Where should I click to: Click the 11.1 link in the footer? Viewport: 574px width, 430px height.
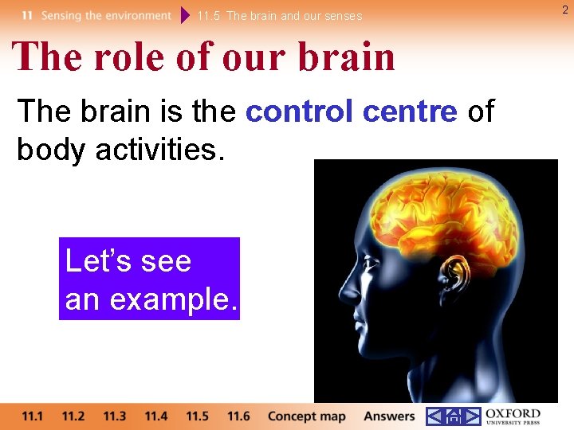[x=33, y=416]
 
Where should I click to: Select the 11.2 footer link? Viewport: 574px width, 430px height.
[x=73, y=416]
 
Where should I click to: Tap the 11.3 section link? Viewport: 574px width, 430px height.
[x=115, y=416]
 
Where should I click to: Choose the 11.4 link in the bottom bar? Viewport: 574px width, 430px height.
[x=156, y=416]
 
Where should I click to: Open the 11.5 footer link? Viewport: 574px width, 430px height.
[x=197, y=416]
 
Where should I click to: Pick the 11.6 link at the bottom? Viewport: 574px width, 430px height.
[x=238, y=416]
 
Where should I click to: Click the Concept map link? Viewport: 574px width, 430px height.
[x=306, y=416]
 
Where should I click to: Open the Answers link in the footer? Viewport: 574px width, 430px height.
[x=389, y=416]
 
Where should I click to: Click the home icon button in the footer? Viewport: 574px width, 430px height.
[x=454, y=416]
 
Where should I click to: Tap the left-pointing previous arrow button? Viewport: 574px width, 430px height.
[x=434, y=416]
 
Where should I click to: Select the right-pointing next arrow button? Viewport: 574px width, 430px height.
[x=473, y=416]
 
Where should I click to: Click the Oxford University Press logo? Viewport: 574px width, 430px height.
[x=513, y=416]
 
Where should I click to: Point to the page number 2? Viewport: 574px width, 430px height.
[x=565, y=10]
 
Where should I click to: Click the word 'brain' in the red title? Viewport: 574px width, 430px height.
[x=348, y=57]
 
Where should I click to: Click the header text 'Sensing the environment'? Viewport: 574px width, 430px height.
[x=106, y=15]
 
